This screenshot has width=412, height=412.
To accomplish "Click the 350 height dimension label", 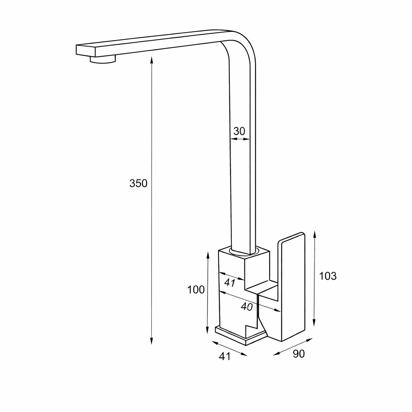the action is click(138, 183).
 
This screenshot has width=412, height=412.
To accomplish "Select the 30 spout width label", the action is click(239, 131).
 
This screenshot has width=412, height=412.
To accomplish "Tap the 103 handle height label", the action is click(328, 276).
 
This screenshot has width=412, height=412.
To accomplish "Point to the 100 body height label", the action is click(196, 290).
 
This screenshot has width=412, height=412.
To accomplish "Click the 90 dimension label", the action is click(299, 354).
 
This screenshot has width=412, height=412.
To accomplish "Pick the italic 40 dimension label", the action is click(247, 306).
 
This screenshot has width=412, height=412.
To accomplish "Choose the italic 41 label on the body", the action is click(230, 283).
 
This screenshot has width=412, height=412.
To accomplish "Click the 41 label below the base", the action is click(225, 356).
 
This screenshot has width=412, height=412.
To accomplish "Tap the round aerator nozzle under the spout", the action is click(103, 60).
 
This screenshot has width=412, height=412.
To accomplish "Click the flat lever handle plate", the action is click(292, 287).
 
